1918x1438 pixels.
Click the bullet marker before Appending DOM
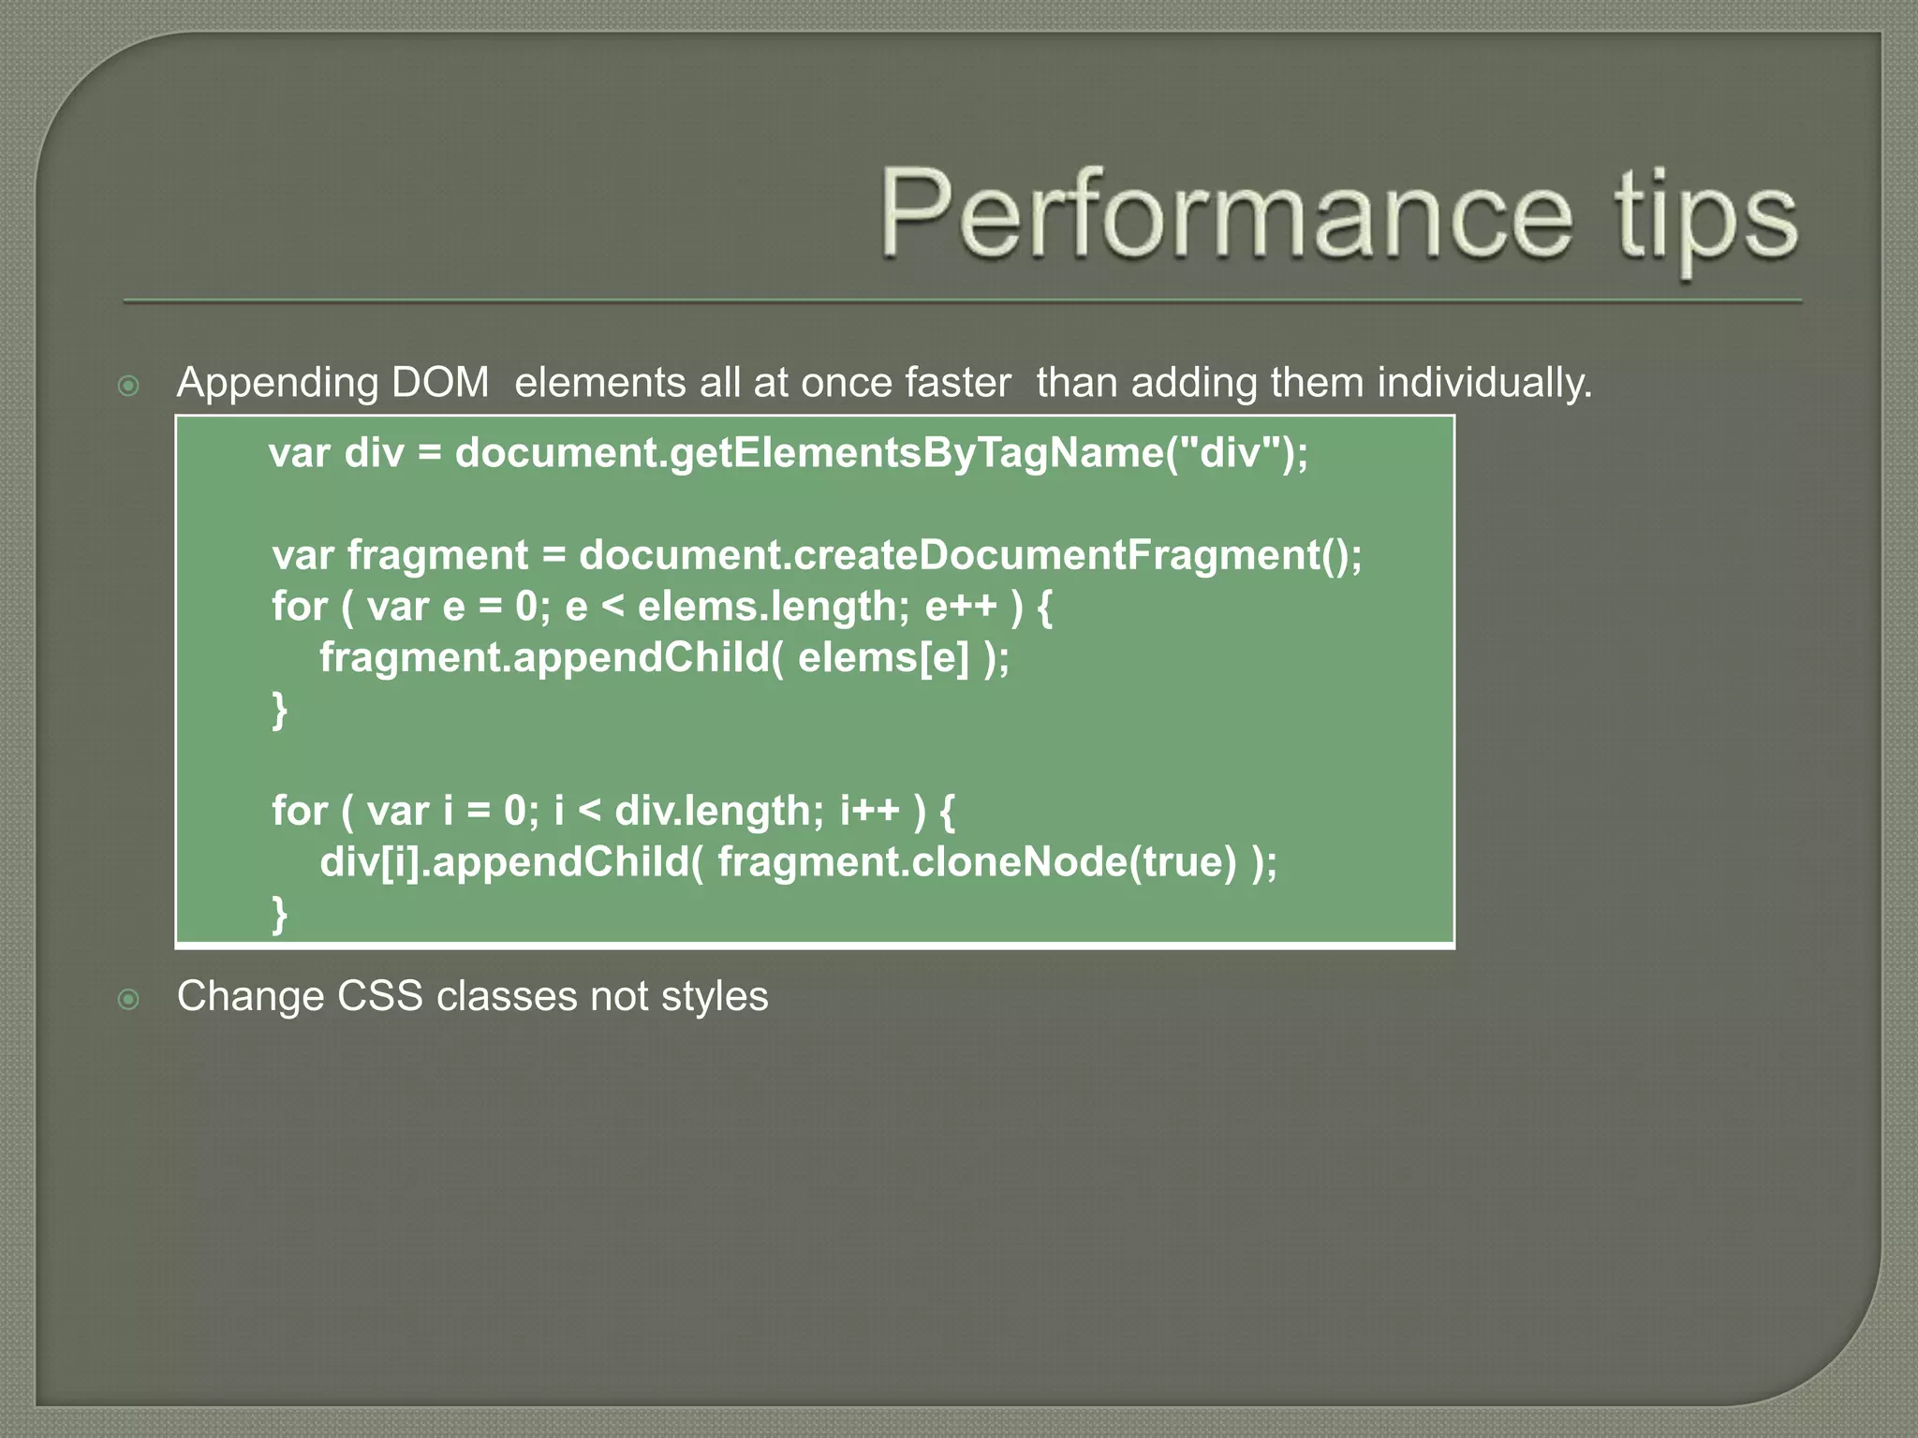[129, 386]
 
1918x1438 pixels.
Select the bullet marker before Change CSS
[129, 1000]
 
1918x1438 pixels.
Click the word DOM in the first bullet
[440, 383]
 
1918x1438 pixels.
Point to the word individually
[1483, 383]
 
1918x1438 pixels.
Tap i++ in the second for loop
[869, 811]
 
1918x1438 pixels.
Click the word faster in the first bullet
[957, 383]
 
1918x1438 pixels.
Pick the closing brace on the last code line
[279, 914]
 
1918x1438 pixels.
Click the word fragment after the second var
[437, 557]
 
